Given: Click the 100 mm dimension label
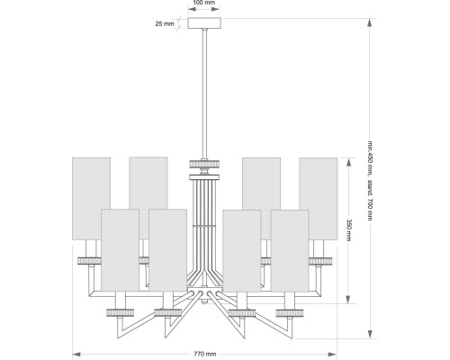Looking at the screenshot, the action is pos(204,3).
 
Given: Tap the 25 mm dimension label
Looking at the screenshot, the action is pos(165,23).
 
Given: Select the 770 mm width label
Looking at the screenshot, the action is pos(205,354).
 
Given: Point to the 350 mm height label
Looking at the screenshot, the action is pos(348,230).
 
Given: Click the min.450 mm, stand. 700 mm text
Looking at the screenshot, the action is pos(370,180).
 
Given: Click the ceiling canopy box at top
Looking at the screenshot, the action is pos(204,23).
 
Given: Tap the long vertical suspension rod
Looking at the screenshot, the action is pos(204,94).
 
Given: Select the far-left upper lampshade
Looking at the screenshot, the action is pos(91,199).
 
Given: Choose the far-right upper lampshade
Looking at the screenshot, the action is pos(319,199).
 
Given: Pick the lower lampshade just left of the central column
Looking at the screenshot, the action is pos(167,250).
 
